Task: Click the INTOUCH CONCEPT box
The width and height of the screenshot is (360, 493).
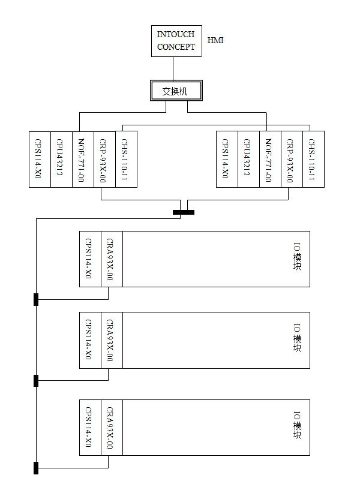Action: pos(176,41)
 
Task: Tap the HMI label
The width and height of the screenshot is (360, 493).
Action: pos(215,40)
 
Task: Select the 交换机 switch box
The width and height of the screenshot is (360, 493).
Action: pos(176,91)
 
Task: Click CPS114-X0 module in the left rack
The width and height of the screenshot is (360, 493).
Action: pos(40,159)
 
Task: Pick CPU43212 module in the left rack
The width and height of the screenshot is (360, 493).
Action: pos(61,159)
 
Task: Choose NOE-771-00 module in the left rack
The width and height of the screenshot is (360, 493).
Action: pos(83,159)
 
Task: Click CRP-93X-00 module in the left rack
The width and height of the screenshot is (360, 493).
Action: pos(104,159)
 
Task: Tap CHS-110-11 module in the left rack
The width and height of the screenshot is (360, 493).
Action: pos(126,159)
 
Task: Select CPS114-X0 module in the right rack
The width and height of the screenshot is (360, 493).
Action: pos(227,159)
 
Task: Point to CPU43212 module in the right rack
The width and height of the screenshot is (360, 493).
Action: pos(248,159)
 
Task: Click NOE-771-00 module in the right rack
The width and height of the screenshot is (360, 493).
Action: pos(270,159)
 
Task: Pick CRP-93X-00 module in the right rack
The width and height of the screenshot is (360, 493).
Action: pos(292,159)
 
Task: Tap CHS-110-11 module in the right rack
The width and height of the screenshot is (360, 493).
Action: pos(313,159)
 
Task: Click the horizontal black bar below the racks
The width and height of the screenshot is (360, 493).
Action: pos(184,212)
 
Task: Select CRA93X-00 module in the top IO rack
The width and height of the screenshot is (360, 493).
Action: pos(112,259)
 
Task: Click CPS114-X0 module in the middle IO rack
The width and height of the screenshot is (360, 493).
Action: pos(90,340)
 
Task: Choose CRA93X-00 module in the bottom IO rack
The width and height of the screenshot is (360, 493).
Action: pos(112,427)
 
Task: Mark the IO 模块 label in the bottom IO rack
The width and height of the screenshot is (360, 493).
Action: pos(297,427)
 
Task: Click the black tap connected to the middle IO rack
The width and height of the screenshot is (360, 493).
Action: pos(36,380)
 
